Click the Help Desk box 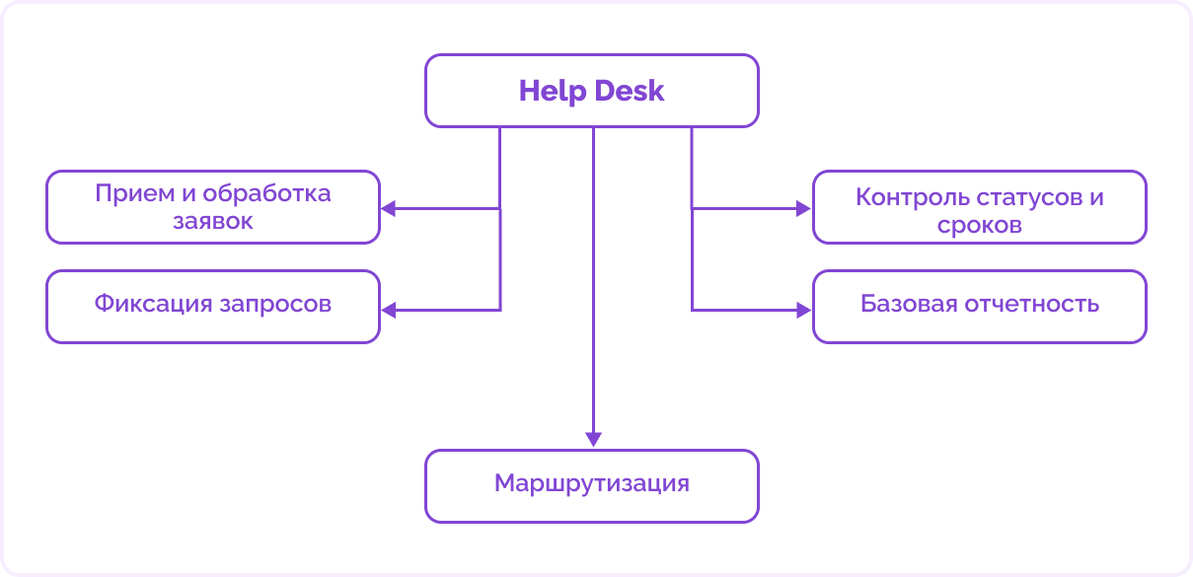click(592, 91)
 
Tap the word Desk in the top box click(629, 92)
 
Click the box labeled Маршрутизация click(592, 485)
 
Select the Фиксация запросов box click(213, 306)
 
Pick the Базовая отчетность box click(979, 306)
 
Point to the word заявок click(213, 221)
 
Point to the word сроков click(979, 225)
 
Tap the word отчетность click(1035, 304)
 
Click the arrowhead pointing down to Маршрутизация click(593, 440)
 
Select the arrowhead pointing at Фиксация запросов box click(389, 311)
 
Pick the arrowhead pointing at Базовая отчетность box click(803, 311)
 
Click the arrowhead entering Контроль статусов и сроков click(803, 209)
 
